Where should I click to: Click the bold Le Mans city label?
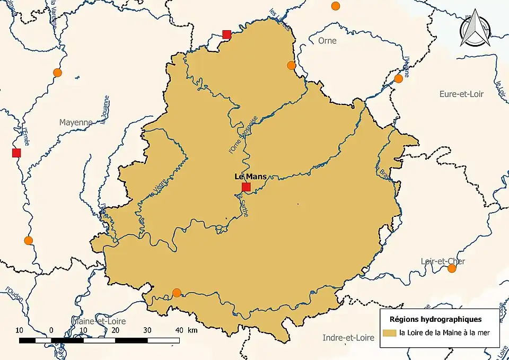coord(250,177)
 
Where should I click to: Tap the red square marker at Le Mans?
coord(246,187)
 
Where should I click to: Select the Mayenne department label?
coord(75,122)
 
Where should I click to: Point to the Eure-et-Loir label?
coord(461,94)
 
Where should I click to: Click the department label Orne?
coord(327,40)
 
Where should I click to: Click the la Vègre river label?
coord(159,188)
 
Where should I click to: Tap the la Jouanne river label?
coord(106,108)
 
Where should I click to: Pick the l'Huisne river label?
coord(407,67)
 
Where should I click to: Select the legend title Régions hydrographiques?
coord(436,319)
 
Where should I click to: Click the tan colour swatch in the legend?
coord(390,333)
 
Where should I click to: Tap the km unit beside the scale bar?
coord(192,330)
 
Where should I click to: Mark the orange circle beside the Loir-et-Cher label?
coord(452,268)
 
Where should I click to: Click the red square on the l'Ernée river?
coord(16,153)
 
